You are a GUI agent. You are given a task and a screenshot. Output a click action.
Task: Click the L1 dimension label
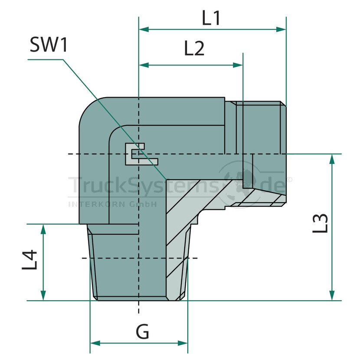pyautogui.click(x=211, y=18)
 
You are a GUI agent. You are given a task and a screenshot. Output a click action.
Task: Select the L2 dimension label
pyautogui.click(x=194, y=49)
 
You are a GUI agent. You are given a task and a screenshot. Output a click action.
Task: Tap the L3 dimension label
pyautogui.click(x=320, y=223)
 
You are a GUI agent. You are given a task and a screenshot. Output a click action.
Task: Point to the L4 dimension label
pyautogui.click(x=29, y=260)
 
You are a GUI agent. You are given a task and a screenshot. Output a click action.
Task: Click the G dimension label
pyautogui.click(x=142, y=331)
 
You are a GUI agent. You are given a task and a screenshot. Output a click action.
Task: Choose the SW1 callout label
pyautogui.click(x=49, y=45)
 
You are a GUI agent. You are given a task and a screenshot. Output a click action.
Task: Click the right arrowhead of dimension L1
pyautogui.click(x=281, y=29)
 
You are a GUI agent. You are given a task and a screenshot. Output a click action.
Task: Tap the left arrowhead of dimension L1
pyautogui.click(x=144, y=29)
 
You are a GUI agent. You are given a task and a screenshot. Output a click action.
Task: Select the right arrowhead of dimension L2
pyautogui.click(x=238, y=65)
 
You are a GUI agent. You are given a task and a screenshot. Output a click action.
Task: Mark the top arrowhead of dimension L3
pyautogui.click(x=332, y=159)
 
